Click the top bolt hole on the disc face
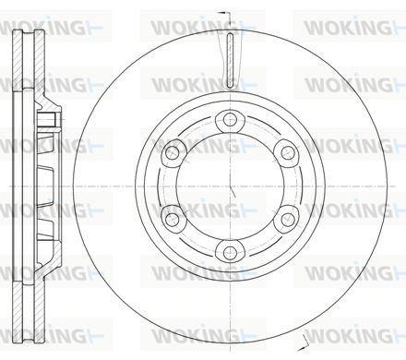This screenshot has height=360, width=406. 230,119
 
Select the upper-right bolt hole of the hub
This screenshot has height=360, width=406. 288,152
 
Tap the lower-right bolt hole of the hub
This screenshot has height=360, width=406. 288,220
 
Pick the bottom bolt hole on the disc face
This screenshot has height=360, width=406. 230,253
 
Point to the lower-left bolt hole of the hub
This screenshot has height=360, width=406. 172,220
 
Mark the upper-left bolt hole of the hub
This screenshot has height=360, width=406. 172,152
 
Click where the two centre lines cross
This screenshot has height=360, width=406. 230,186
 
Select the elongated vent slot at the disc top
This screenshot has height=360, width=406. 230,59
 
